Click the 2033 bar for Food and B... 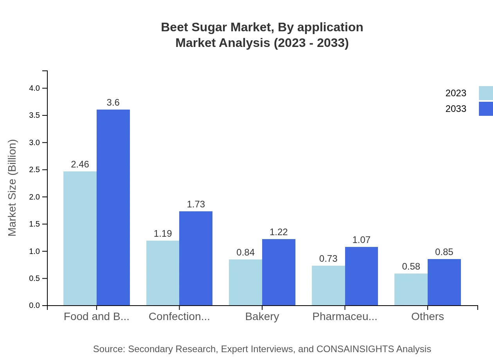(113, 207)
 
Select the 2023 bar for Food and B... (80, 238)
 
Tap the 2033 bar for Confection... (196, 258)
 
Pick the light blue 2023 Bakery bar (245, 282)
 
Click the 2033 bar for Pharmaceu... (361, 276)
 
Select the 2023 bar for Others (411, 289)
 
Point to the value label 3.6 (113, 103)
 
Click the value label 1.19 (163, 234)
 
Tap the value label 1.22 (279, 232)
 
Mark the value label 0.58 (411, 266)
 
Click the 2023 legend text (456, 93)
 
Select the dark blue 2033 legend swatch (486, 108)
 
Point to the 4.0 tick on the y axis (34, 88)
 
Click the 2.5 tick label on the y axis (34, 170)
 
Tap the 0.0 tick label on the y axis (34, 306)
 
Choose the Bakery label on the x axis (262, 317)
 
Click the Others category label (427, 317)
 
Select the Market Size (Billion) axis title (13, 188)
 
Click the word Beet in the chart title (173, 27)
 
